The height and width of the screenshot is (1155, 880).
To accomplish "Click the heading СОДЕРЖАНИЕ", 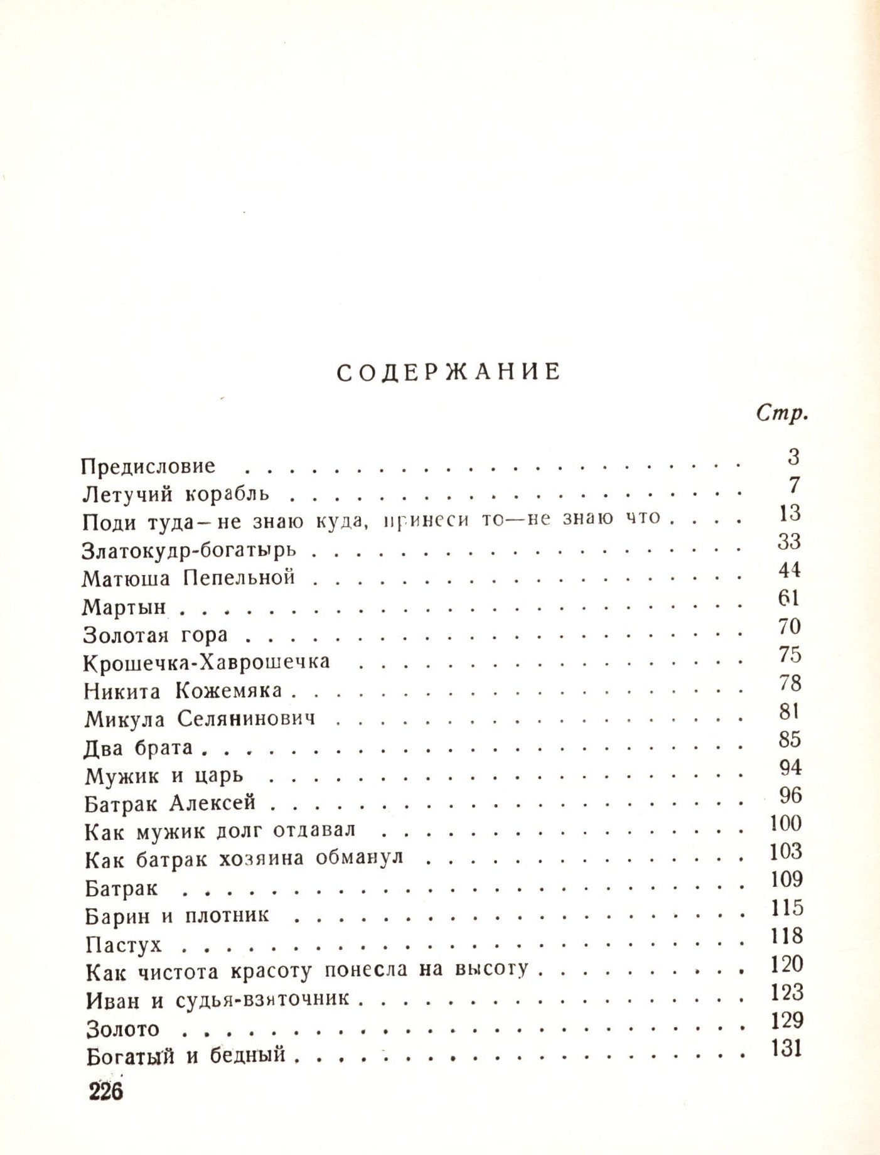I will [448, 372].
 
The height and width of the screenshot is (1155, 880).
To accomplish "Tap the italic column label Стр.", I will [781, 414].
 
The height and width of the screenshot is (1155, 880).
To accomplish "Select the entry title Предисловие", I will [148, 466].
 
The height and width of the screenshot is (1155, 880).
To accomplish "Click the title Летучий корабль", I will [176, 494].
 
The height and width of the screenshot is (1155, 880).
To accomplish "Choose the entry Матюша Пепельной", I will [188, 577].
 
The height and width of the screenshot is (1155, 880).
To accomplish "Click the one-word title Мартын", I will [124, 606].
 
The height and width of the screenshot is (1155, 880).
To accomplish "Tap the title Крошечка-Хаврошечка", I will [207, 662].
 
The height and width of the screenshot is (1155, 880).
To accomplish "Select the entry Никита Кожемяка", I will [183, 691].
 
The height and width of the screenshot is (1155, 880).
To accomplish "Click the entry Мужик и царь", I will [164, 776].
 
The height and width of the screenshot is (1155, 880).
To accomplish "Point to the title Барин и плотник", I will [177, 916].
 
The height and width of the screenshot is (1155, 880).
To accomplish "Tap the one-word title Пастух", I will [124, 944].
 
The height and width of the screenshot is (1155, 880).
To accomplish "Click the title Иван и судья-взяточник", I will [217, 999].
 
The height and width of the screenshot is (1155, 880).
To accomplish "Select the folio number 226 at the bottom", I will [106, 1092].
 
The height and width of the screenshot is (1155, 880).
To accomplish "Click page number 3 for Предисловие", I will [793, 457].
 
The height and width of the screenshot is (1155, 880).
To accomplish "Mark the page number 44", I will [789, 570].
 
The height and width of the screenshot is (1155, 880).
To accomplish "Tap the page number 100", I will [786, 823].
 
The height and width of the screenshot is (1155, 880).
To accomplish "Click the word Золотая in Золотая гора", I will [126, 635].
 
